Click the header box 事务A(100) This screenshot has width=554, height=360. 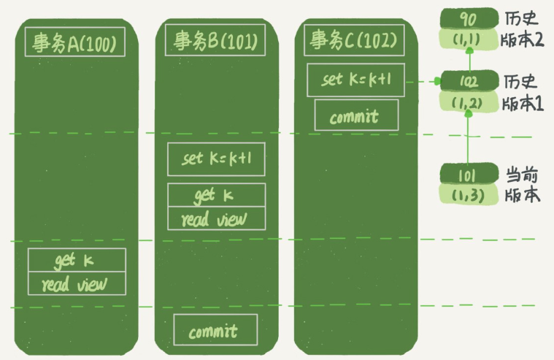(x=75, y=42)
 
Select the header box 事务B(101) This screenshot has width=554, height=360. (x=215, y=40)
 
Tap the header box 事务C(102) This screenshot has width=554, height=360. (x=354, y=40)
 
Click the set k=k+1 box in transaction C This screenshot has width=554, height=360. (x=355, y=80)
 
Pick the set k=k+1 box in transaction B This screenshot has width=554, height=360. (x=216, y=159)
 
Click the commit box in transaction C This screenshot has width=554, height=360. (x=356, y=115)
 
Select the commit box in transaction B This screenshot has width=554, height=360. (x=215, y=329)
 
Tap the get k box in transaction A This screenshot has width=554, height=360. (x=77, y=260)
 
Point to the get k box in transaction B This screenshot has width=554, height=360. (x=216, y=195)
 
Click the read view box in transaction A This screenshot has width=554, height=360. (x=77, y=283)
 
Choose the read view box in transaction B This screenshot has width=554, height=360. (x=216, y=218)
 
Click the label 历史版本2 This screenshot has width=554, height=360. (x=522, y=30)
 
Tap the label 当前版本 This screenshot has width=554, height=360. (x=522, y=185)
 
